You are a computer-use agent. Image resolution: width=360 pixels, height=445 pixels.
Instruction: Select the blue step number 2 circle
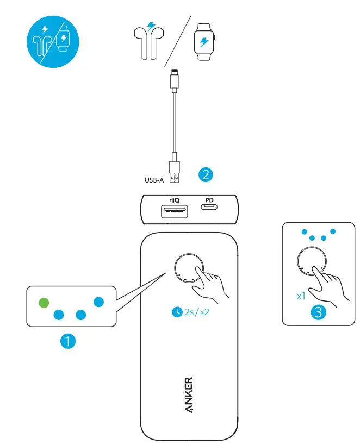point(206,174)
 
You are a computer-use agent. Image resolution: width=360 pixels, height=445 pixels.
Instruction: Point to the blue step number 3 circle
point(319,313)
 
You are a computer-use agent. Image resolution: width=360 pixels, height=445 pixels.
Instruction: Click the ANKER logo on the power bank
point(188,394)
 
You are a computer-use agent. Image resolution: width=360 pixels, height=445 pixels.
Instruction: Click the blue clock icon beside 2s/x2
point(177,312)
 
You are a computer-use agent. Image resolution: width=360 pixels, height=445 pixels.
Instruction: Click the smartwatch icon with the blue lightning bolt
point(204,42)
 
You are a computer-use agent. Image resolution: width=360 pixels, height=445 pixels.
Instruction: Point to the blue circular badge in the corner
point(53,41)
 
